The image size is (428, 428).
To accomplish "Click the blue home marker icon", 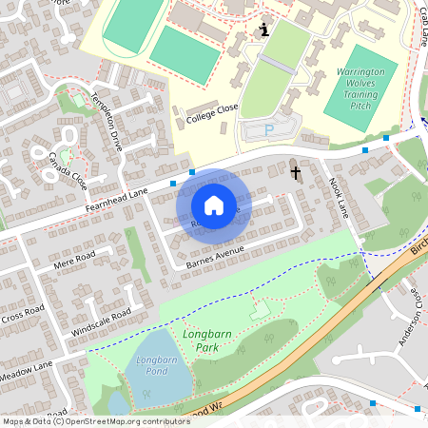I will [x=214, y=205].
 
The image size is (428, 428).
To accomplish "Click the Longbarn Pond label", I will [x=153, y=366].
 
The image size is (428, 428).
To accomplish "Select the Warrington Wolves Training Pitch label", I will [x=365, y=88].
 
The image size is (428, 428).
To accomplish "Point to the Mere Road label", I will [x=76, y=259].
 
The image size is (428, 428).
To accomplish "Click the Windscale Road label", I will [x=101, y=322].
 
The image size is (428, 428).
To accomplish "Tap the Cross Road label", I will [x=23, y=310].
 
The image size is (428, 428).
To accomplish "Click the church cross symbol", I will [x=296, y=172].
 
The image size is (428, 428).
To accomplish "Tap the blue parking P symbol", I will [x=268, y=130].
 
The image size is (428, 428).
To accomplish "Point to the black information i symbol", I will [x=263, y=31].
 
